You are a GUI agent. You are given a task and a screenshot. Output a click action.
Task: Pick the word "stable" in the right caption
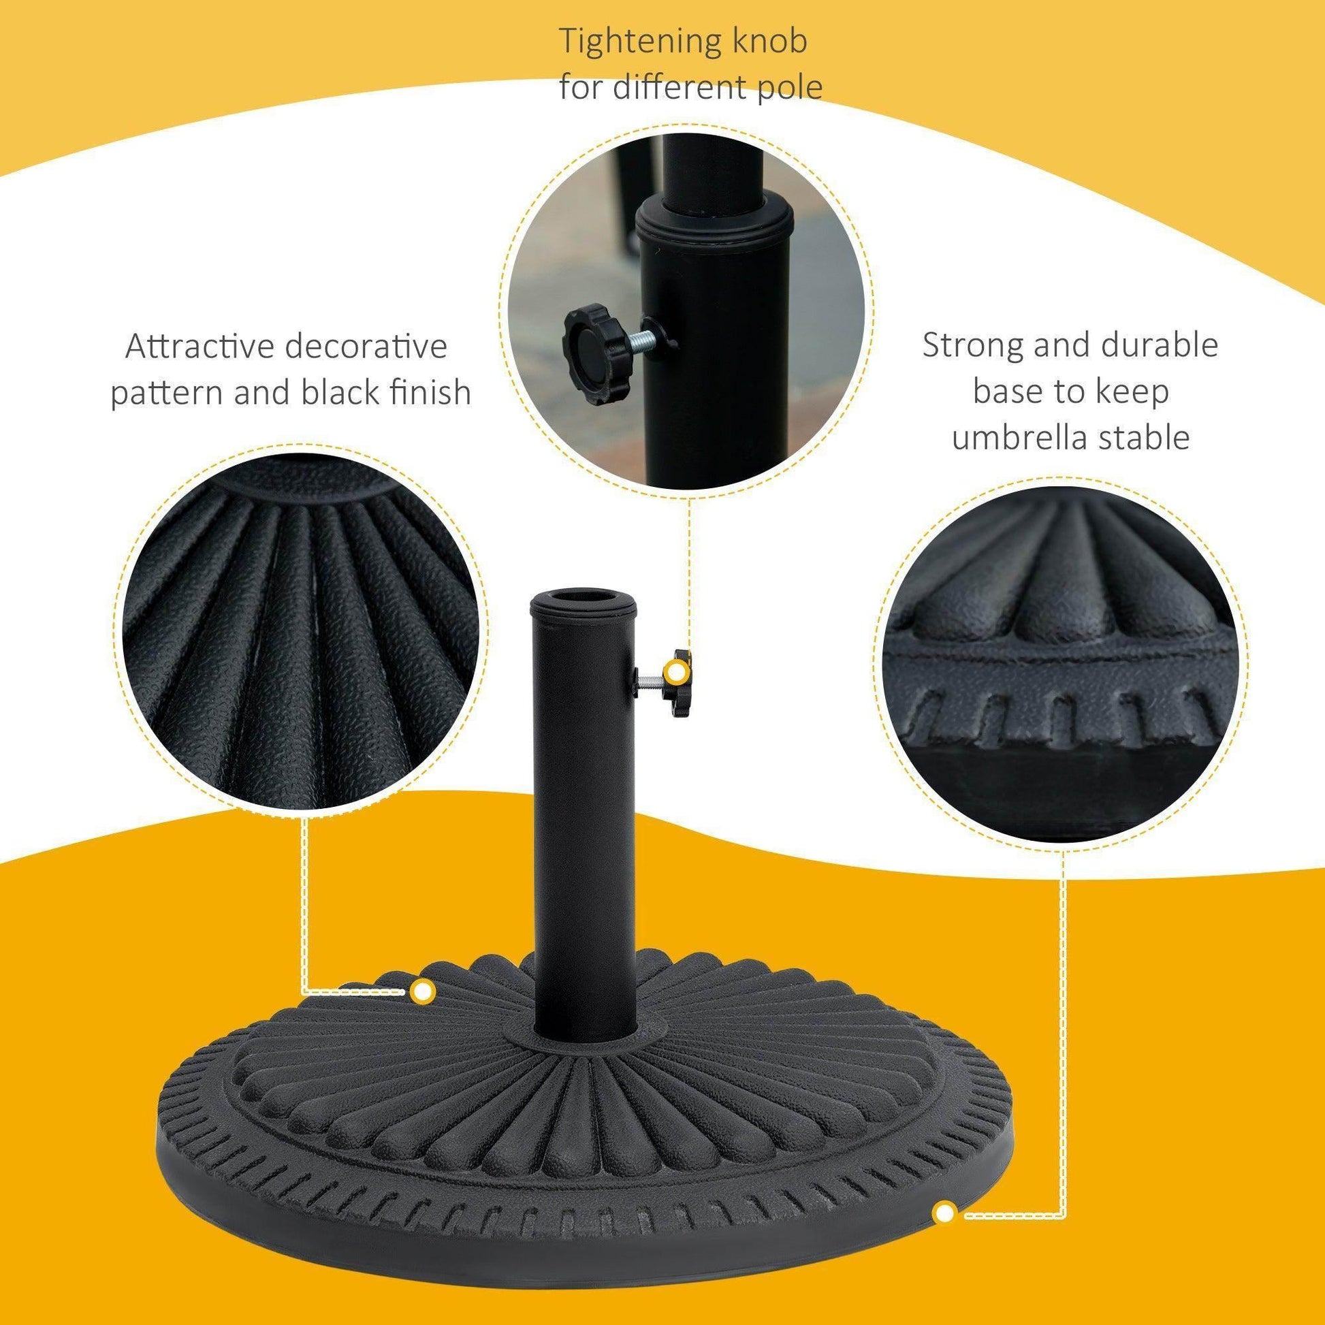(x=1146, y=438)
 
